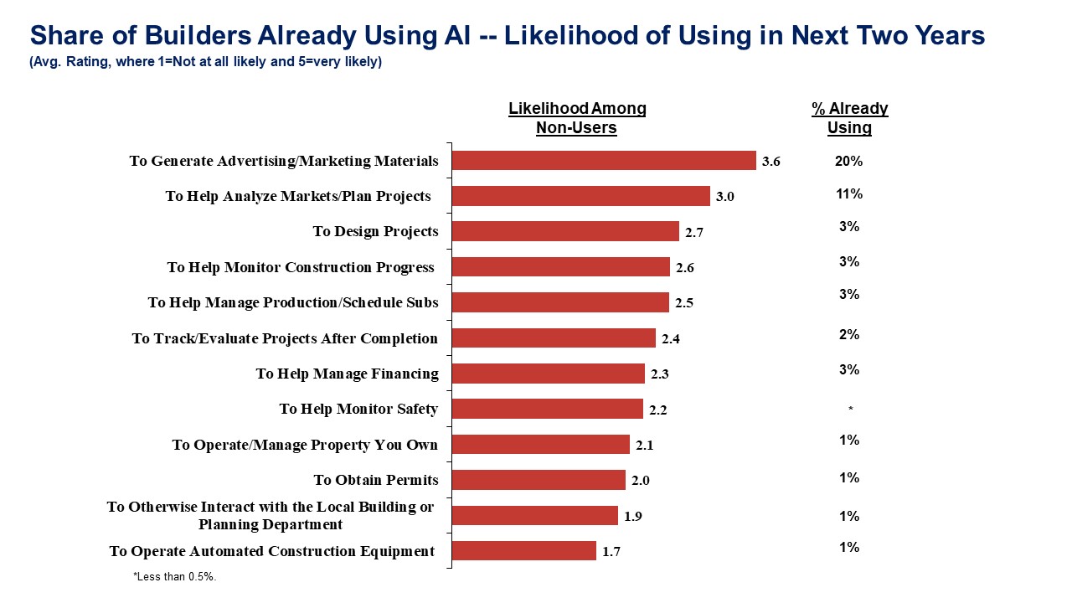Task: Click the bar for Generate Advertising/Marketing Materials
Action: pyautogui.click(x=604, y=161)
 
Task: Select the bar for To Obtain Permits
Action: pyautogui.click(x=539, y=480)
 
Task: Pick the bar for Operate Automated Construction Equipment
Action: pyautogui.click(x=524, y=551)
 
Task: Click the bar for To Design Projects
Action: pyautogui.click(x=565, y=231)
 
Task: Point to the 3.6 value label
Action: pyautogui.click(x=770, y=162)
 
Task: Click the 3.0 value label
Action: pyautogui.click(x=724, y=197)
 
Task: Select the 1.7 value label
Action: pyautogui.click(x=611, y=552)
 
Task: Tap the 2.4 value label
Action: pyautogui.click(x=671, y=338)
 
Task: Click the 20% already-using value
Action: pyautogui.click(x=848, y=162)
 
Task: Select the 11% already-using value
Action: pyautogui.click(x=848, y=194)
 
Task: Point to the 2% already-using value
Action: pyautogui.click(x=848, y=335)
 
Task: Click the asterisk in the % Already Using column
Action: pyautogui.click(x=850, y=410)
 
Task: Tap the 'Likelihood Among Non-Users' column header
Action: pyautogui.click(x=577, y=118)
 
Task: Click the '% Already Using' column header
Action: pyautogui.click(x=849, y=118)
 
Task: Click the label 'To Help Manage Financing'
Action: pyautogui.click(x=347, y=374)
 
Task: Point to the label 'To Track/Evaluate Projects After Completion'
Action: pyautogui.click(x=285, y=338)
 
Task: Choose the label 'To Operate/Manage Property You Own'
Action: pyautogui.click(x=305, y=445)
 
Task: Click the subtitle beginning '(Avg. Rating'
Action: pyautogui.click(x=205, y=62)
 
